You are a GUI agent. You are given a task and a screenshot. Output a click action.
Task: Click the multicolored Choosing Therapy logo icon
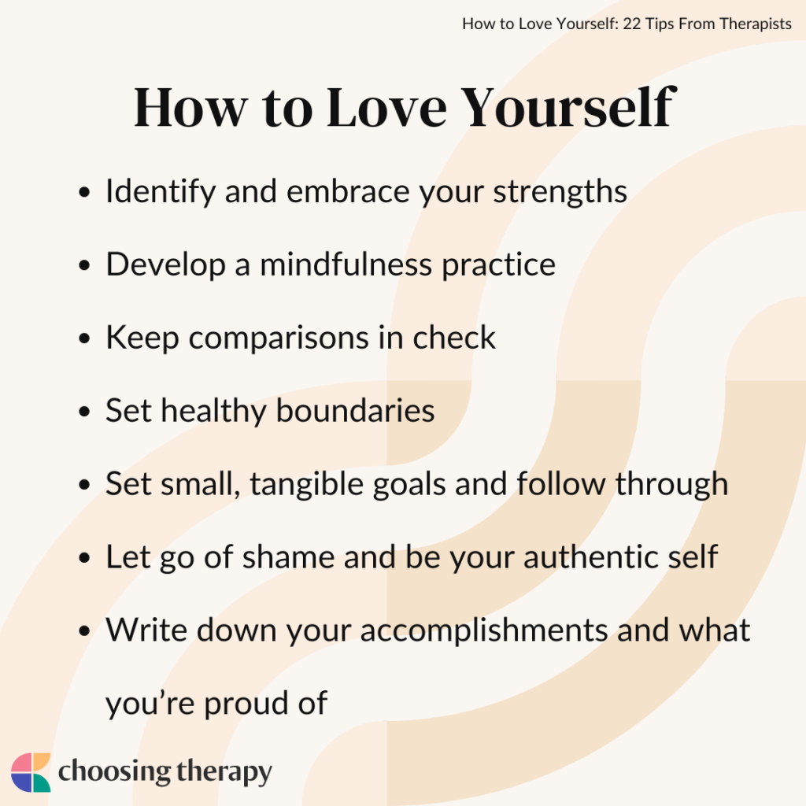click(x=31, y=772)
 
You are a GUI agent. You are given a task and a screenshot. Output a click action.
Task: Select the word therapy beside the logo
click(x=222, y=772)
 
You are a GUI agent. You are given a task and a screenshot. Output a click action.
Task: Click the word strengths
click(x=560, y=192)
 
